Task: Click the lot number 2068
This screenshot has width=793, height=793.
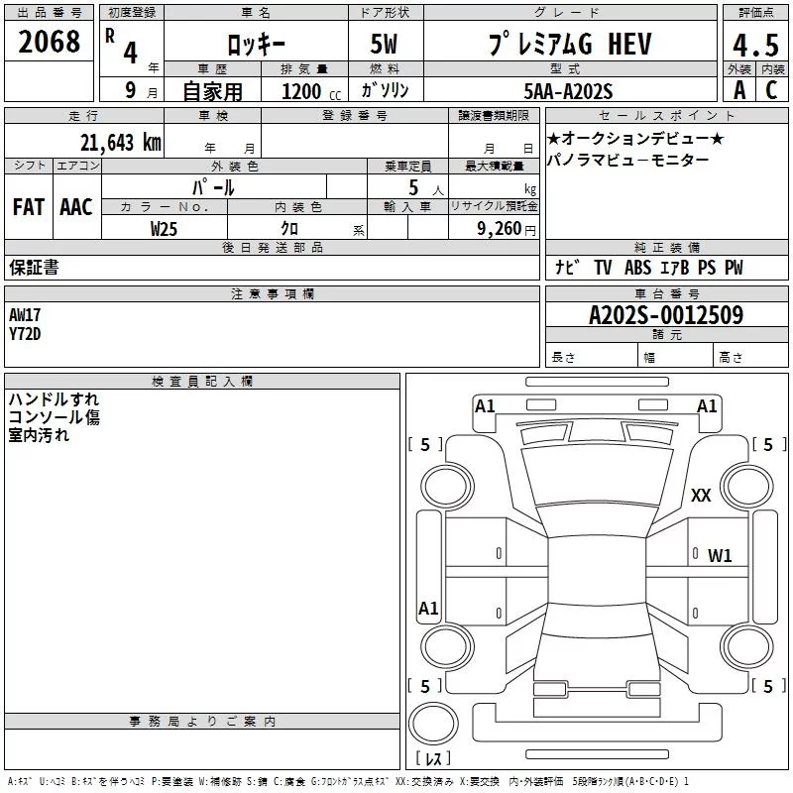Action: (50, 42)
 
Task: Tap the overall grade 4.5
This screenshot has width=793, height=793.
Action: (754, 46)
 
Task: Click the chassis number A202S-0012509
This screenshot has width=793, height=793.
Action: (666, 316)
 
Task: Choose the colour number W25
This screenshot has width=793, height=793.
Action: (166, 228)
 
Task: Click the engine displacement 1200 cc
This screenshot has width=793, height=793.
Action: (308, 91)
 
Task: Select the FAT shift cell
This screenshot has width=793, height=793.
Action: (29, 206)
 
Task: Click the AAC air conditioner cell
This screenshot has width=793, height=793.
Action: (76, 206)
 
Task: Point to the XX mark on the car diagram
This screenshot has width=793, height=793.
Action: (701, 497)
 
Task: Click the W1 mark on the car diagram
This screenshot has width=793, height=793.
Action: (720, 556)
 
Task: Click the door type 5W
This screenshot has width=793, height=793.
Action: (386, 46)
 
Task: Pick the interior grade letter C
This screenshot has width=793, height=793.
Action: (770, 90)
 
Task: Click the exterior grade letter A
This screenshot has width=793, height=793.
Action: (738, 90)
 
